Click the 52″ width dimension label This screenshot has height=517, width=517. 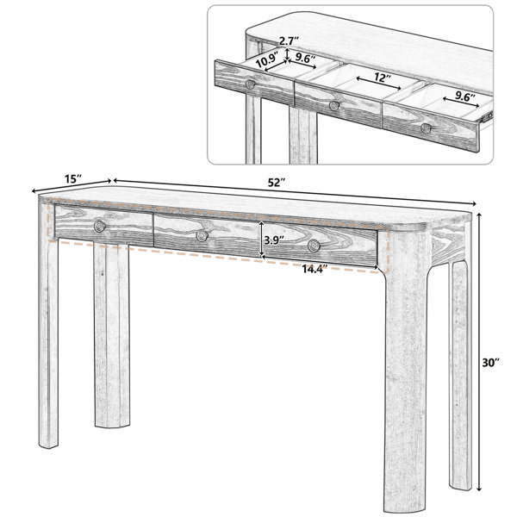[276, 183]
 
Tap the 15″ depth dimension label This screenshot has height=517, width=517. [73, 179]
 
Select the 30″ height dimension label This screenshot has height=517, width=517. [491, 363]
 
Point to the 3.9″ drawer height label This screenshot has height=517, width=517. [274, 240]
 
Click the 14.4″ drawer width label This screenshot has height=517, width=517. [315, 269]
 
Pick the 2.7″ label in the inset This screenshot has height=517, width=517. [289, 41]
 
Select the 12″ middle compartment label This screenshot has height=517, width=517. [383, 78]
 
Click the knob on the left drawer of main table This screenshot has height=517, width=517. [100, 226]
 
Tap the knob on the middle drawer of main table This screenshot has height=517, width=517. [202, 235]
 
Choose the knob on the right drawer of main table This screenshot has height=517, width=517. [314, 246]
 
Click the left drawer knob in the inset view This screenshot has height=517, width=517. [250, 84]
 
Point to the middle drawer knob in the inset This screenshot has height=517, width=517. [334, 106]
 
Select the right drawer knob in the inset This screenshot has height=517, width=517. [426, 128]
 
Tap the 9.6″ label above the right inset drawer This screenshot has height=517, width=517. [465, 96]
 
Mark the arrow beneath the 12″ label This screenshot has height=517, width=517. [378, 84]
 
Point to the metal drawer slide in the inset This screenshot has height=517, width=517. [486, 116]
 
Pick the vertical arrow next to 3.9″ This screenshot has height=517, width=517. [262, 240]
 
